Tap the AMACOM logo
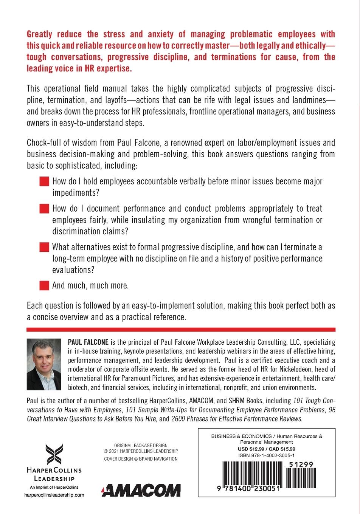141,491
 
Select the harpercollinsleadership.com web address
54,495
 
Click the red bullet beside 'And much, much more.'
45,285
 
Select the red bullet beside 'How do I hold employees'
45,181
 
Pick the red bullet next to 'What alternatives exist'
45,248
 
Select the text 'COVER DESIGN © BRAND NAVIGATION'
141,459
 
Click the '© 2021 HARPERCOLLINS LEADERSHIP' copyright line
141,451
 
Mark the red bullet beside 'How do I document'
45,209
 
